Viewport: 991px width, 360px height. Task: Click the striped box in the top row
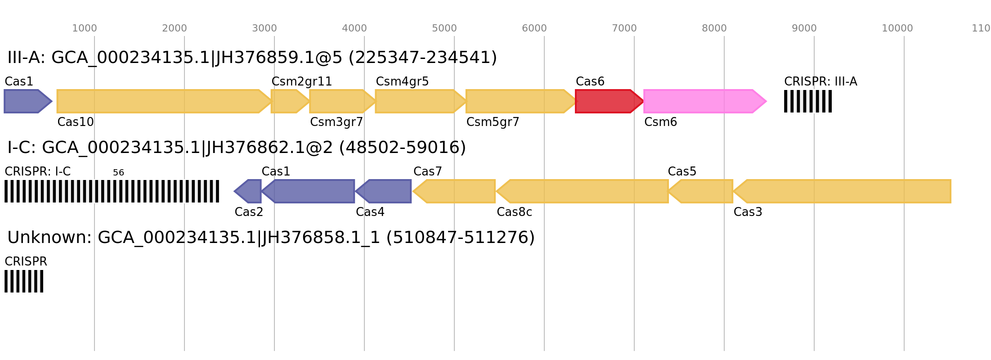(808, 101)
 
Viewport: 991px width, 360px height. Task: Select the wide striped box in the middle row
(112, 191)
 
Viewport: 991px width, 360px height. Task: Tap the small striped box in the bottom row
(24, 281)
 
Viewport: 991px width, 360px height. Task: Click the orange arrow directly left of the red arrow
(520, 101)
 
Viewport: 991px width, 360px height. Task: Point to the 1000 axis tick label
(85, 28)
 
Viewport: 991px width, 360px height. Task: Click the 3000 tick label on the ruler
(265, 28)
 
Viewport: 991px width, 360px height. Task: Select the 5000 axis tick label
(444, 28)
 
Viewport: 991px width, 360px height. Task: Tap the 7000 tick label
(624, 28)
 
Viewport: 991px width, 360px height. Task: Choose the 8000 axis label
(714, 28)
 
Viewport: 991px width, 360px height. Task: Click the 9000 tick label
(804, 28)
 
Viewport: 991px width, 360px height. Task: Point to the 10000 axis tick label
(897, 28)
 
